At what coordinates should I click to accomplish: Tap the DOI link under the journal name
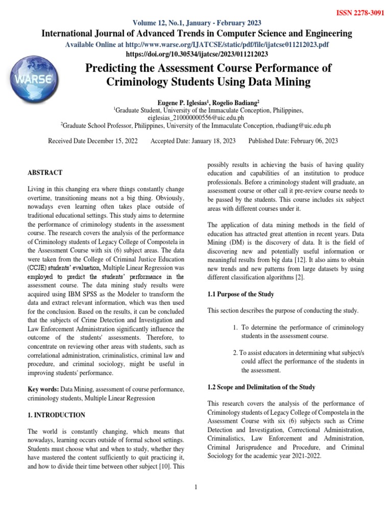click(x=197, y=53)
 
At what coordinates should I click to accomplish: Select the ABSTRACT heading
click(x=45, y=173)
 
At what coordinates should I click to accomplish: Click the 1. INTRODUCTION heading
click(x=56, y=415)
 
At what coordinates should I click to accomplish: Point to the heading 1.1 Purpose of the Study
click(x=241, y=294)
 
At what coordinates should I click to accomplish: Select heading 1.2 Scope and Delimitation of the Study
click(x=261, y=387)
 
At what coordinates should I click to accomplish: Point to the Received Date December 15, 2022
click(x=93, y=141)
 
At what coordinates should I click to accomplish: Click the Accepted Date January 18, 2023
click(x=193, y=141)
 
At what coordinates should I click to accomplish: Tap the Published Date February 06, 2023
click(x=292, y=141)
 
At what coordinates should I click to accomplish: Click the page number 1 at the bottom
click(x=196, y=487)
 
